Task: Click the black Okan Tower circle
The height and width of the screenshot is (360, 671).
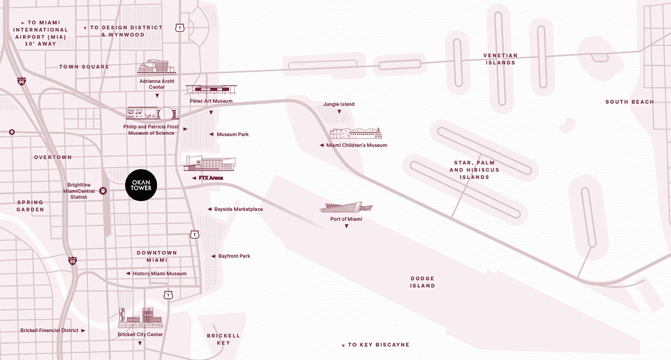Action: click(x=141, y=185)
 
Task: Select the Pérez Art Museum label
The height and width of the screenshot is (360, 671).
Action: click(x=211, y=101)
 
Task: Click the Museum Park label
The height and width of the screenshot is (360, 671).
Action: click(x=232, y=134)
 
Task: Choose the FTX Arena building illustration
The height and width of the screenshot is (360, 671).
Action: click(x=209, y=163)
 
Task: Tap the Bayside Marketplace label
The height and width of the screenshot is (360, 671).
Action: click(x=238, y=209)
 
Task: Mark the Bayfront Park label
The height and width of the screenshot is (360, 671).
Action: click(x=234, y=256)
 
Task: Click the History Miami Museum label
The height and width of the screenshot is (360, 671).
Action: click(x=159, y=273)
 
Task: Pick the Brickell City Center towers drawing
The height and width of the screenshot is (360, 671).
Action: click(x=140, y=318)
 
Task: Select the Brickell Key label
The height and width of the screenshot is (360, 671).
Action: click(x=223, y=339)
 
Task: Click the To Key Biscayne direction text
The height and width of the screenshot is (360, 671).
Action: click(x=378, y=345)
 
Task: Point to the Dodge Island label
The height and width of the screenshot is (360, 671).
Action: click(x=423, y=282)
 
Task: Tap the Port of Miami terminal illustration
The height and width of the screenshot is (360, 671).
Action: click(x=346, y=207)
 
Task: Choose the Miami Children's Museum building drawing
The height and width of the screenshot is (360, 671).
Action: click(x=355, y=133)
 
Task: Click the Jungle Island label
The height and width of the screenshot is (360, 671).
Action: click(x=339, y=104)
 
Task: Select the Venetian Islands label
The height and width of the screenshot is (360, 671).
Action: click(x=500, y=59)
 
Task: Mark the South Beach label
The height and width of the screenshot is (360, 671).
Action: click(x=629, y=102)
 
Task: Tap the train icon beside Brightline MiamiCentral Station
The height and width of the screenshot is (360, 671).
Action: click(x=103, y=191)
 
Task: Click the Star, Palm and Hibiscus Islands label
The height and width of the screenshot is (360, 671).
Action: click(x=474, y=170)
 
